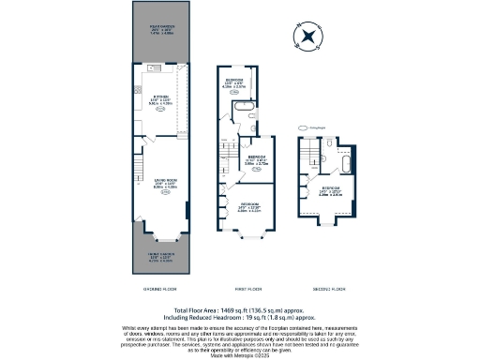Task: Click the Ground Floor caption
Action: [x=157, y=289]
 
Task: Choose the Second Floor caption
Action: [x=323, y=289]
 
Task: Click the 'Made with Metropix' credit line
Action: [x=240, y=353]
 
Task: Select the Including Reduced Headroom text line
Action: [x=240, y=316]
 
